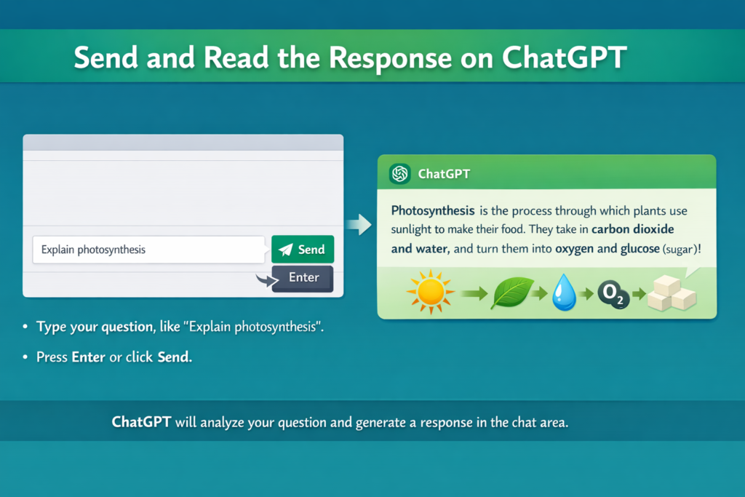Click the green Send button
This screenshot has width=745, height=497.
tap(303, 249)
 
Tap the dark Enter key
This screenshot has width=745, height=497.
tap(303, 279)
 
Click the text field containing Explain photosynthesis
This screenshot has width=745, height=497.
tap(148, 250)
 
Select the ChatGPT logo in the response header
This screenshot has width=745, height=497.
tap(399, 173)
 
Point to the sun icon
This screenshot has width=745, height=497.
tap(431, 292)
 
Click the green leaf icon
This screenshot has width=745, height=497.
tap(512, 293)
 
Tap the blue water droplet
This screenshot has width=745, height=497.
tap(564, 293)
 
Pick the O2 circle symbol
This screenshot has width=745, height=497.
tap(613, 295)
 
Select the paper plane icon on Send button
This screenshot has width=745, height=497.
tap(285, 250)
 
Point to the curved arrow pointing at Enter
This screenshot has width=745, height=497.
tap(266, 280)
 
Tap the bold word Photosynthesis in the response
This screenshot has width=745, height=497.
tap(433, 210)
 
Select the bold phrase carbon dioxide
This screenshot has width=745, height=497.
tap(632, 229)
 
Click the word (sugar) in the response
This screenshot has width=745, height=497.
tap(680, 249)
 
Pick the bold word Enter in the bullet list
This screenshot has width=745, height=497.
tap(88, 357)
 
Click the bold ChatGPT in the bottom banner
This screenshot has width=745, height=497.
tap(141, 422)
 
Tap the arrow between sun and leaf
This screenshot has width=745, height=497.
tap(474, 294)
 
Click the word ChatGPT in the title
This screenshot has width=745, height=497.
tap(565, 57)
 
